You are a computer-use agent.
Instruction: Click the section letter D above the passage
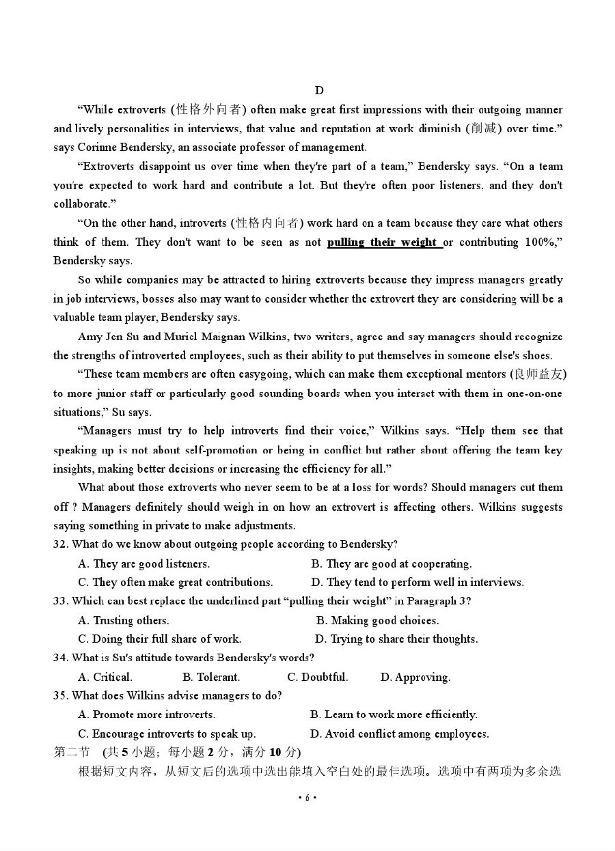(x=319, y=91)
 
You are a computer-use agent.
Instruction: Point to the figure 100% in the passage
(x=542, y=242)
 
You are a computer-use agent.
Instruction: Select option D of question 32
(x=418, y=582)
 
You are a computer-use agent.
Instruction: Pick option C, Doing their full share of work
(x=159, y=639)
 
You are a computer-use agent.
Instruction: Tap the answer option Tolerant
(x=211, y=677)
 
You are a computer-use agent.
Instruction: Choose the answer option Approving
(x=415, y=677)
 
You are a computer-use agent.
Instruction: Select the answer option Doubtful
(x=318, y=677)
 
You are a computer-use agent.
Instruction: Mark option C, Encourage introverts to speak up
(x=167, y=734)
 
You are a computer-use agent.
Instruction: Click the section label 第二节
(x=72, y=752)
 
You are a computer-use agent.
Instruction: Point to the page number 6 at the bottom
(x=307, y=798)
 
